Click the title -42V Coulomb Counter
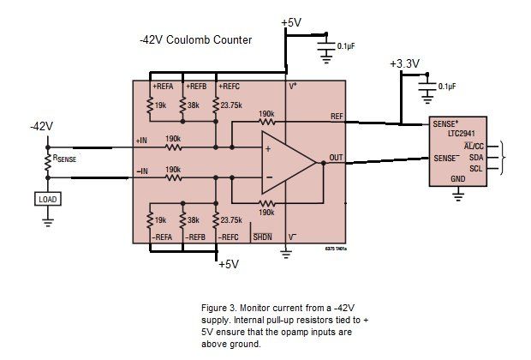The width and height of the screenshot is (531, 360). [195, 40]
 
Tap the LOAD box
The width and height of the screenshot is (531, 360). [46, 199]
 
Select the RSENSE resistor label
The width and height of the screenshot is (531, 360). [69, 159]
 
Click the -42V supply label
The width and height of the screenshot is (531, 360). [40, 126]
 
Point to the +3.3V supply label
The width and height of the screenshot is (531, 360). [404, 64]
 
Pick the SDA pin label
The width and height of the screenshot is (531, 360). [476, 159]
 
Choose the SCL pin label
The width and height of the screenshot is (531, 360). [476, 170]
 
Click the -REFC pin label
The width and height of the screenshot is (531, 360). [230, 236]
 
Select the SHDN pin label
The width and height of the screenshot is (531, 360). [262, 236]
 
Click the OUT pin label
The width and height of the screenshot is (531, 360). [337, 159]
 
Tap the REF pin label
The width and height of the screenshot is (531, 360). [337, 116]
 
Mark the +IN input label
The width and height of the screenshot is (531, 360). [141, 141]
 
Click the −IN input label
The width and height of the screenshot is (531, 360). [141, 171]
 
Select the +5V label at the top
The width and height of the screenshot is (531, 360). [291, 22]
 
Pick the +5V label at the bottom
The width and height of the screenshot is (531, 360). [229, 265]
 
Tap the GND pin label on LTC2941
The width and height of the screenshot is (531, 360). [458, 180]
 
